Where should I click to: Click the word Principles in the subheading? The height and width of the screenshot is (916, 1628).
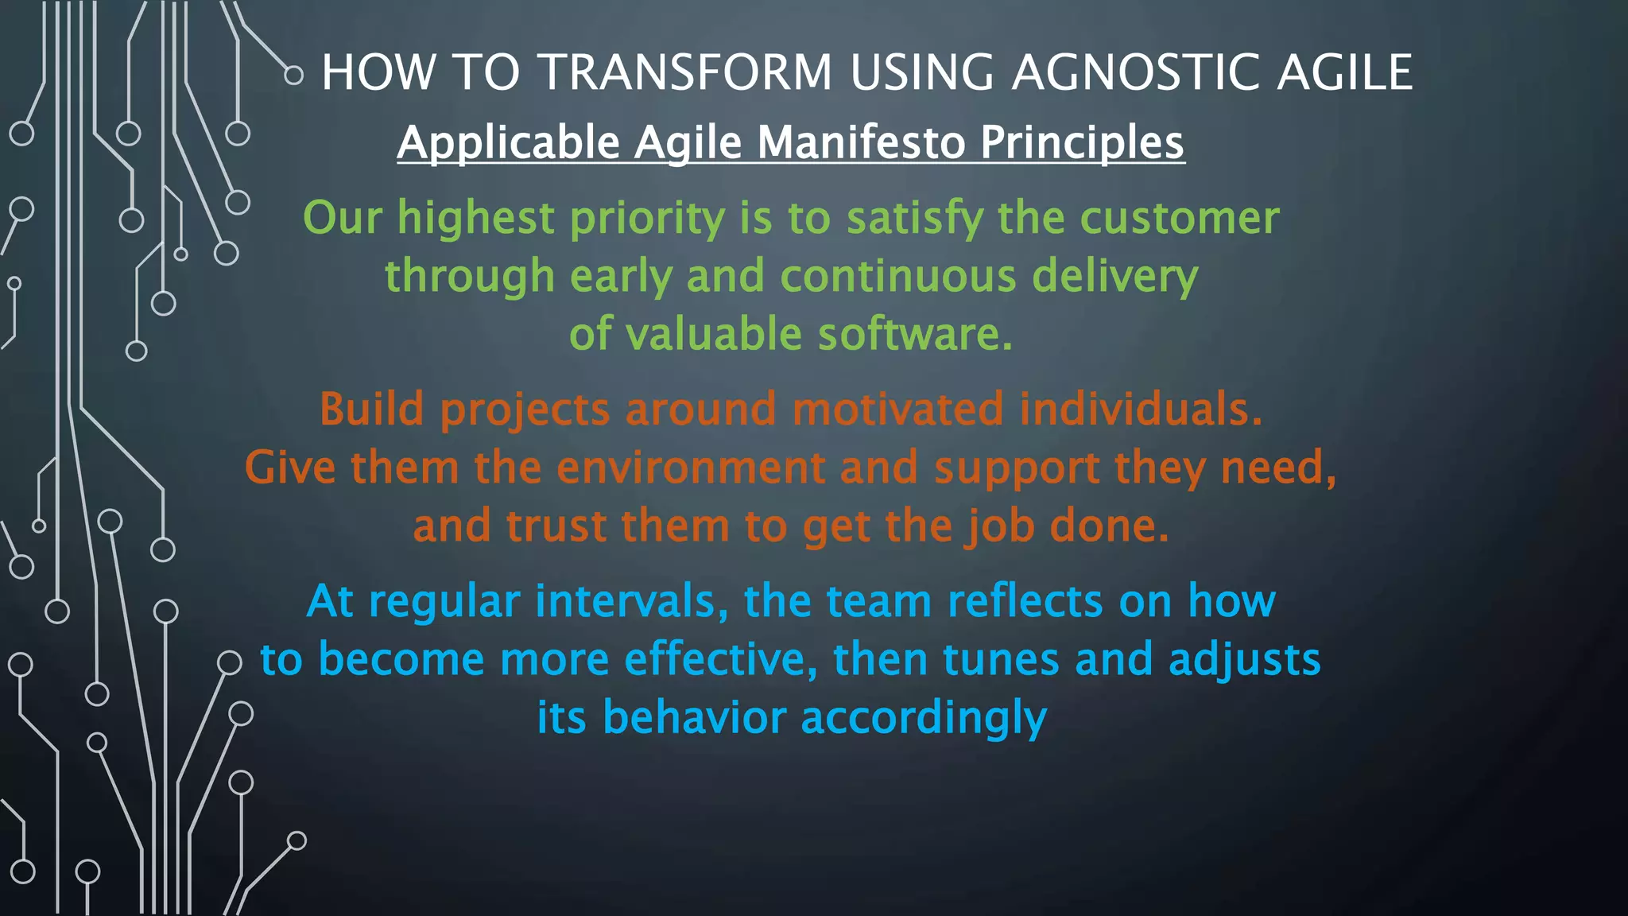[x=1082, y=142]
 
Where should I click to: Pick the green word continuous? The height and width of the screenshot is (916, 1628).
[x=897, y=276]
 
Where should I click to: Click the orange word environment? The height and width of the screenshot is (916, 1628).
[x=690, y=468]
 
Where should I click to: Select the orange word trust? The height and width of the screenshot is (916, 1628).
[x=556, y=526]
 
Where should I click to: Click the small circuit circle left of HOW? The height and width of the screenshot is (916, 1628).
[x=293, y=76]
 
